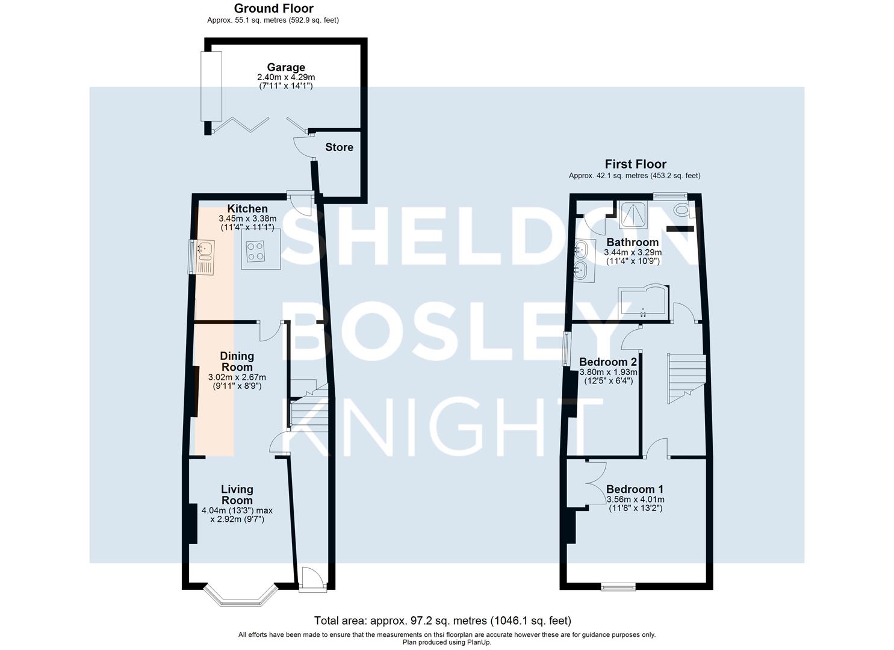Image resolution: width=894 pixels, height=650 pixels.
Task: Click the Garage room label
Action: (286, 67)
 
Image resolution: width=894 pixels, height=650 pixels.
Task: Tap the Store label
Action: (339, 147)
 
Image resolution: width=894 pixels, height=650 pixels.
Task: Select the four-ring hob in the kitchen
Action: (255, 252)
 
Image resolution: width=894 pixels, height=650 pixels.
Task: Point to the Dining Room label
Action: (237, 362)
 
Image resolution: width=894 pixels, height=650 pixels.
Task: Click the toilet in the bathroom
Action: (683, 210)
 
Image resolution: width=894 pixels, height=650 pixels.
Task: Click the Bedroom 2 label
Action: (608, 362)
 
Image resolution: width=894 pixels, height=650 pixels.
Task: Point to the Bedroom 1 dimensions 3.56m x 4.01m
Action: (635, 499)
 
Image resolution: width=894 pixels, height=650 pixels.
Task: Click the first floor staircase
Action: (687, 379)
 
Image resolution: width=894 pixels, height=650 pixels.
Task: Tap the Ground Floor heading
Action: (274, 8)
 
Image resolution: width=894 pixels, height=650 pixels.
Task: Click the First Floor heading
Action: (635, 164)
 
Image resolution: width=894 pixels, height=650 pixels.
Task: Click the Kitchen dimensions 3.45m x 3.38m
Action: (247, 218)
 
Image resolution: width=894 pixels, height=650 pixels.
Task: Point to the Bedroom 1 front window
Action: (618, 586)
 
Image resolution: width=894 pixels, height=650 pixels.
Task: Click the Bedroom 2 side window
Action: (565, 348)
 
